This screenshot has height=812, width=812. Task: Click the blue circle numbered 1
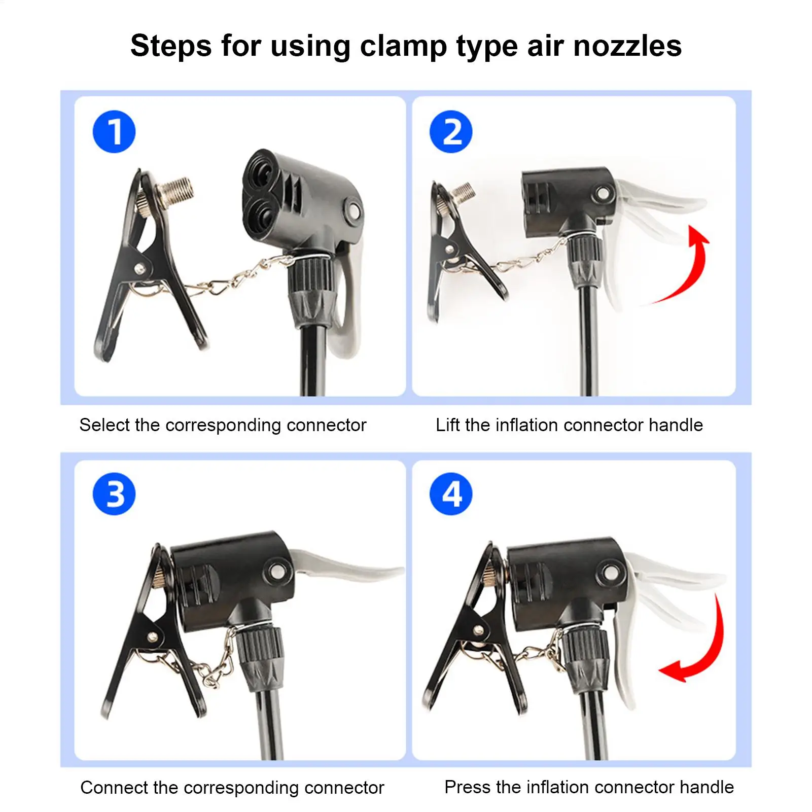pos(114,131)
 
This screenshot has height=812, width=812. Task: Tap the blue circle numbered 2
pos(451,131)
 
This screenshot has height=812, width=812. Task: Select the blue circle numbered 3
pos(114,493)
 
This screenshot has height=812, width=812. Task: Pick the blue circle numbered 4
pos(451,493)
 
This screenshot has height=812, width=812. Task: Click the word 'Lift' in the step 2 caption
pos(447,425)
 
